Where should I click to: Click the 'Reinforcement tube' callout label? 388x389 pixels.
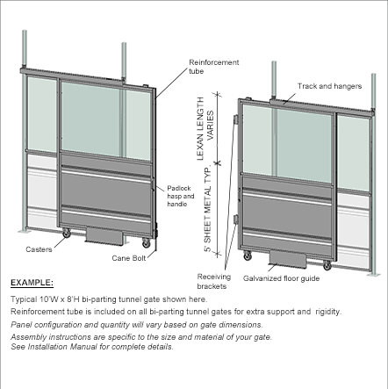click(214, 67)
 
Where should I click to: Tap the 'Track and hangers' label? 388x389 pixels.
click(329, 86)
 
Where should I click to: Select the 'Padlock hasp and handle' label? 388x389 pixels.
click(181, 196)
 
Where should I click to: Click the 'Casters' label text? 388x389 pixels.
click(39, 249)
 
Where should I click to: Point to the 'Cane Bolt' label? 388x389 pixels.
click(129, 258)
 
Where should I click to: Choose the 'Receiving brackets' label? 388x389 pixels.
click(214, 281)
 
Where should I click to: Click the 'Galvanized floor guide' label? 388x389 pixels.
click(281, 278)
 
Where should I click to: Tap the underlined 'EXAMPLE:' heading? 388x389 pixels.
click(32, 283)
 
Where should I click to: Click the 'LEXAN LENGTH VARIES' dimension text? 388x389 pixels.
click(205, 128)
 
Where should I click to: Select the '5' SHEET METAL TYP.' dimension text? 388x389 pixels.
click(207, 210)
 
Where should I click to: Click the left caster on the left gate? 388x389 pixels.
click(67, 234)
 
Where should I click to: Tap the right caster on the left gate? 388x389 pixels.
click(146, 243)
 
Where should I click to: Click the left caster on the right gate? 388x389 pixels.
click(248, 256)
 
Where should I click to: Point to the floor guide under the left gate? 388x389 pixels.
click(104, 235)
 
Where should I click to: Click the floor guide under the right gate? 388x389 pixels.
click(288, 259)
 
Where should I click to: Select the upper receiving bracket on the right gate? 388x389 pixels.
click(235, 119)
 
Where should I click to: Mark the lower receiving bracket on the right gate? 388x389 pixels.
click(235, 220)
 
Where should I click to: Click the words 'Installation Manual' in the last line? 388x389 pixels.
click(62, 347)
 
